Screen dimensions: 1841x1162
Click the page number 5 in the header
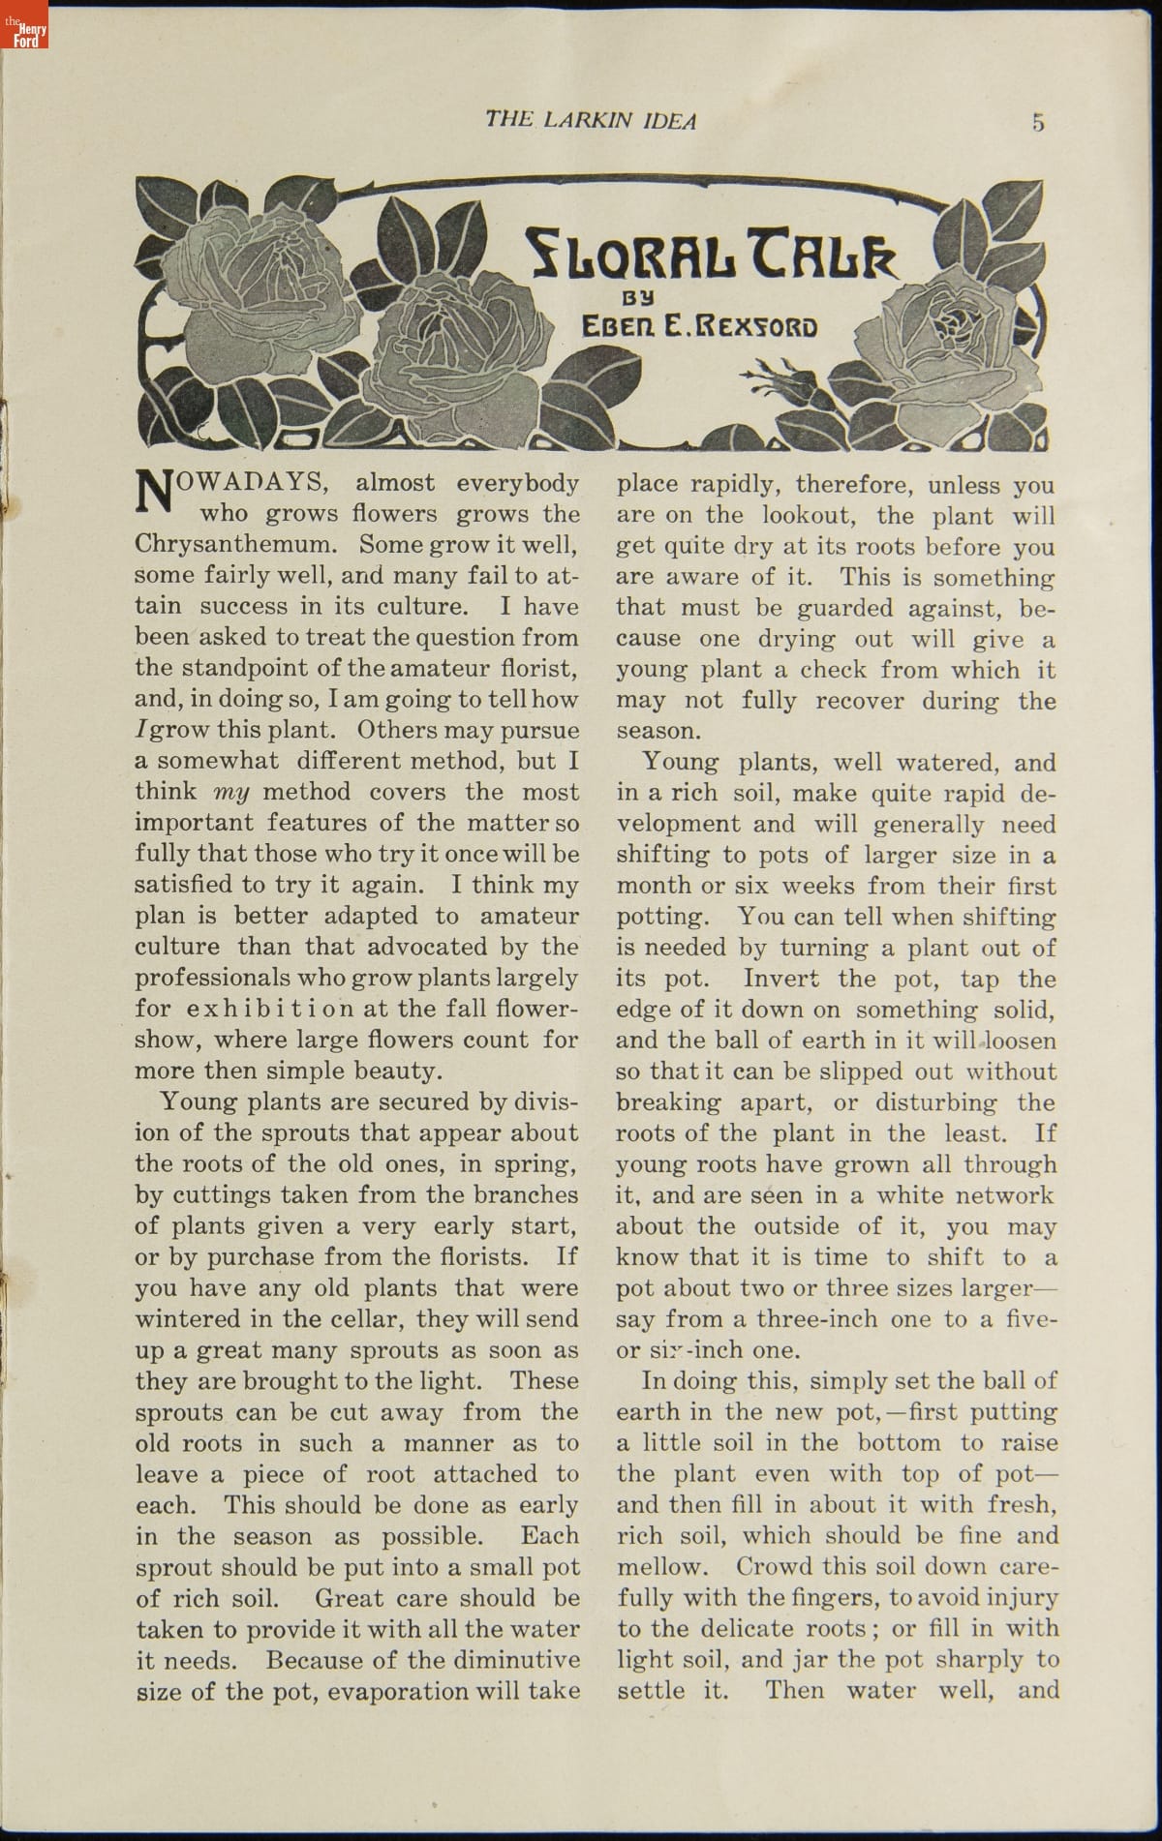pos(1038,122)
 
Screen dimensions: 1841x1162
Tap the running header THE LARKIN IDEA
pos(590,120)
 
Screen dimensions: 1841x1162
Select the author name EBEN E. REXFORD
pos(698,327)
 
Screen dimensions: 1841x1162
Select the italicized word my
pos(231,793)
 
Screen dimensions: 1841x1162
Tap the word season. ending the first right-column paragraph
pos(657,732)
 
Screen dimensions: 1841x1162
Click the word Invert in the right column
pos(780,979)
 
